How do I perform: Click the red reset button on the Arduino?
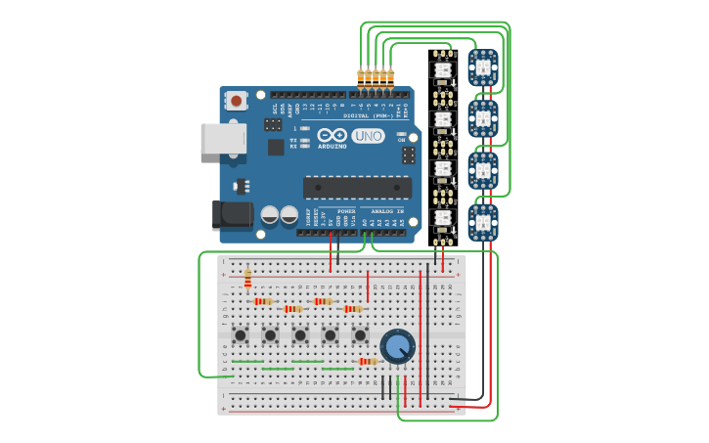coord(236,100)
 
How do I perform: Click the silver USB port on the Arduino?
coord(223,138)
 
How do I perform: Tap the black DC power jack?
coord(232,216)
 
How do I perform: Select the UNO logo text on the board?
coord(368,136)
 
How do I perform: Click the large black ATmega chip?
coord(357,187)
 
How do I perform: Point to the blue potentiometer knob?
coord(397,346)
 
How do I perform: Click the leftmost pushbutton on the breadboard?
coord(240,335)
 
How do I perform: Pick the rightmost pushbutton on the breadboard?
coord(360,335)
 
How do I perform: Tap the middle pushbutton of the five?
coord(300,335)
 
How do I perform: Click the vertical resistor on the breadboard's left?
coord(247,280)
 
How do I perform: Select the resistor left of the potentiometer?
coord(367,361)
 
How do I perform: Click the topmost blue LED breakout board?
coord(482,67)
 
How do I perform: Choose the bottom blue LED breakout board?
coord(482,221)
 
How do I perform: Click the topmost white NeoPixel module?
coord(442,69)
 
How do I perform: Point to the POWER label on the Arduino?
coord(346,210)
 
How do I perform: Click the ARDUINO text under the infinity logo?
coord(332,146)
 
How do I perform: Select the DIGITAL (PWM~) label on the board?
coord(368,115)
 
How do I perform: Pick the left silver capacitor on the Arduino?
coord(270,215)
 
